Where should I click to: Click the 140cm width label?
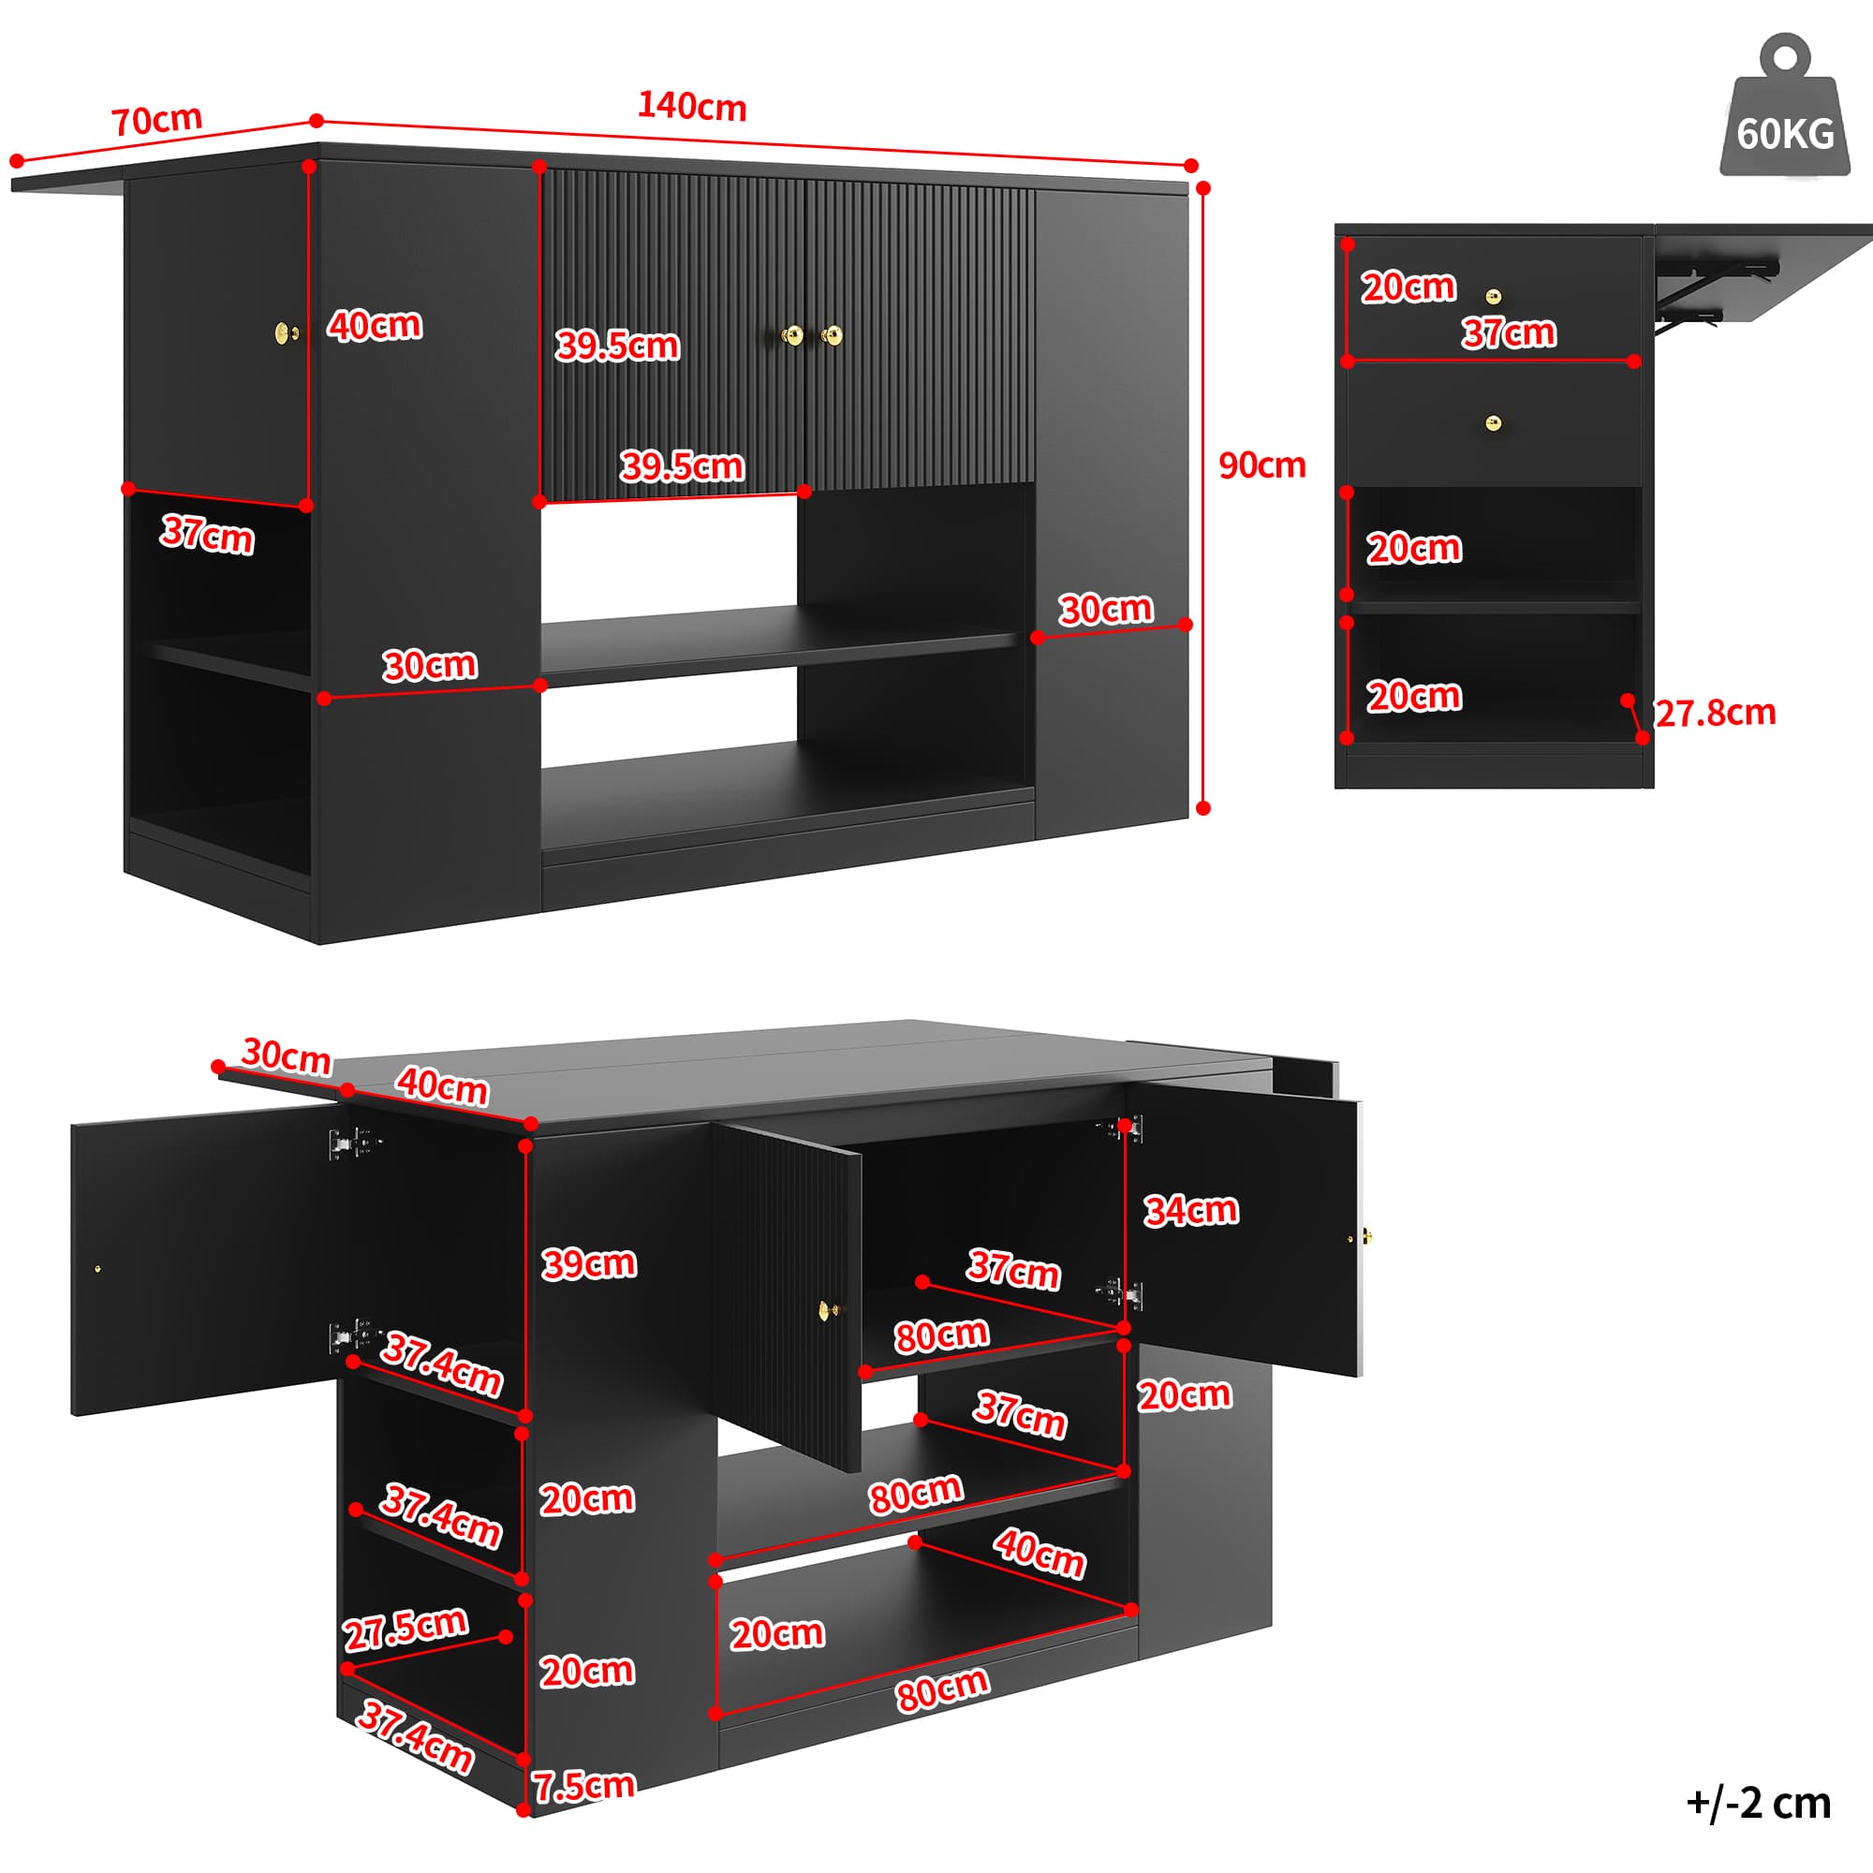pos(691,106)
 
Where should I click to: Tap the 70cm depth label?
pos(156,120)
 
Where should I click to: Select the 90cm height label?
pos(1261,465)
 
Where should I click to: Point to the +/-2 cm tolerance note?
pos(1759,1802)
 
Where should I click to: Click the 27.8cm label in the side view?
pos(1715,714)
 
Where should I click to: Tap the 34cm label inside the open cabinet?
pos(1190,1210)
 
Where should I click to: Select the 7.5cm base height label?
pos(583,1785)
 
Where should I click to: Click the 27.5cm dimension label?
pos(406,1629)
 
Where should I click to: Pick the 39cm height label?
pos(588,1263)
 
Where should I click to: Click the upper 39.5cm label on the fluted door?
pos(617,346)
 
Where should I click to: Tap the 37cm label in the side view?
pos(1509,332)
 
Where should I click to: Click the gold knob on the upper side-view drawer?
pos(1494,296)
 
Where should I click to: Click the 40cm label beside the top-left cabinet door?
pos(375,325)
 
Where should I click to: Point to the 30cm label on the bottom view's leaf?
pos(286,1055)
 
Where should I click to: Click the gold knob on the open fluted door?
pos(830,1310)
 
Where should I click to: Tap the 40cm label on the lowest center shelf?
pos(1039,1553)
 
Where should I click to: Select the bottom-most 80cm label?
pos(941,1689)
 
